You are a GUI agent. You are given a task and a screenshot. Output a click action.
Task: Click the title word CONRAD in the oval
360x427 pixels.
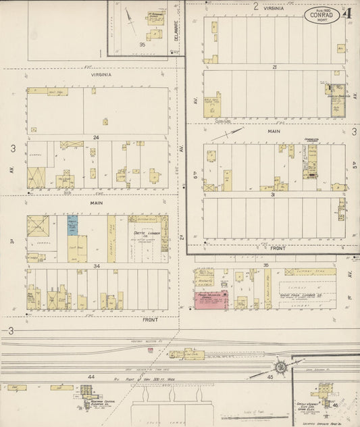pos(321,14)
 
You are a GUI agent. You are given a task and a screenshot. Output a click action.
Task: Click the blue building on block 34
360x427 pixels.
pos(72,225)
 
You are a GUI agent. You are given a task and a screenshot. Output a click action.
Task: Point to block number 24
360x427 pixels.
pos(97,137)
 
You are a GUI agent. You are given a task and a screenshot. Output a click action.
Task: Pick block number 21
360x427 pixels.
pos(275,68)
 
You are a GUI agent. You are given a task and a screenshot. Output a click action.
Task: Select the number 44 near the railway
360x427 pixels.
pos(91,376)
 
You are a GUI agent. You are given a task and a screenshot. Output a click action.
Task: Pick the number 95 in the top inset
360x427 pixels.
pos(142,45)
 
